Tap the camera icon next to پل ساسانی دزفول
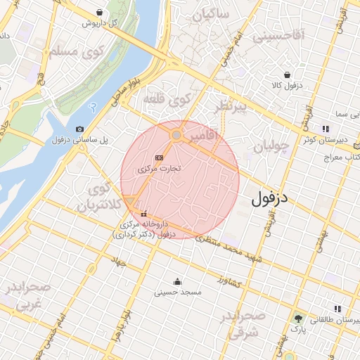(x=79, y=129)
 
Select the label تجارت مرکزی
(x=160, y=169)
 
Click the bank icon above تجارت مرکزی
(x=160, y=157)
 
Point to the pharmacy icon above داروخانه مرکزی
(x=144, y=214)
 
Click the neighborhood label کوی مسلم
(x=73, y=51)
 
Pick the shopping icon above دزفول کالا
(x=287, y=75)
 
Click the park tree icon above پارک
(x=297, y=319)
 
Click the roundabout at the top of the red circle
(x=178, y=134)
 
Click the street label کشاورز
(x=230, y=281)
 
